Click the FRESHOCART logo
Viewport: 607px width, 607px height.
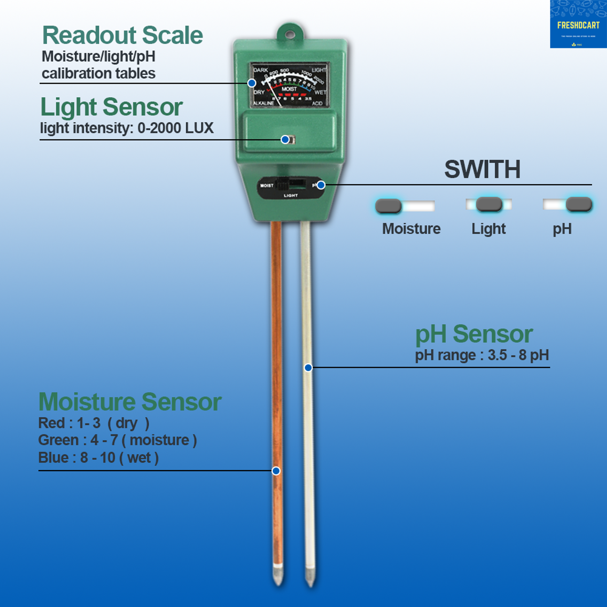(578, 25)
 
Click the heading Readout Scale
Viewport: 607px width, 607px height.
(122, 36)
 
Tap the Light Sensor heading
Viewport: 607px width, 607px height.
(112, 107)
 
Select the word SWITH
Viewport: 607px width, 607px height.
(482, 170)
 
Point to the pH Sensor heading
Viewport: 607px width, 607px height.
(474, 334)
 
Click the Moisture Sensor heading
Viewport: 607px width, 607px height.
(130, 402)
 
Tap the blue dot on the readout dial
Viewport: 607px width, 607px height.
(252, 83)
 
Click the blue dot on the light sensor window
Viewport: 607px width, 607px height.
(285, 139)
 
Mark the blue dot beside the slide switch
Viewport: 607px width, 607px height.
(321, 185)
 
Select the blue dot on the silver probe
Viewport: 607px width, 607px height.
(308, 368)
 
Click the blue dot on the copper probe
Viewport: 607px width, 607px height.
(276, 471)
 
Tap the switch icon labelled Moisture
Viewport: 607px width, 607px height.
(405, 206)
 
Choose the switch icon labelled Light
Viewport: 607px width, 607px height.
(489, 204)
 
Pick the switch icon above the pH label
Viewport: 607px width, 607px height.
(568, 204)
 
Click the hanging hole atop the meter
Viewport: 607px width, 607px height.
(290, 35)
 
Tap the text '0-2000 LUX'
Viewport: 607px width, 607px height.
(175, 128)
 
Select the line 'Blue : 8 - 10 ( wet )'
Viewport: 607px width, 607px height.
(98, 458)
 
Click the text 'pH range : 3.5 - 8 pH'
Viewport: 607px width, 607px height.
(482, 355)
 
